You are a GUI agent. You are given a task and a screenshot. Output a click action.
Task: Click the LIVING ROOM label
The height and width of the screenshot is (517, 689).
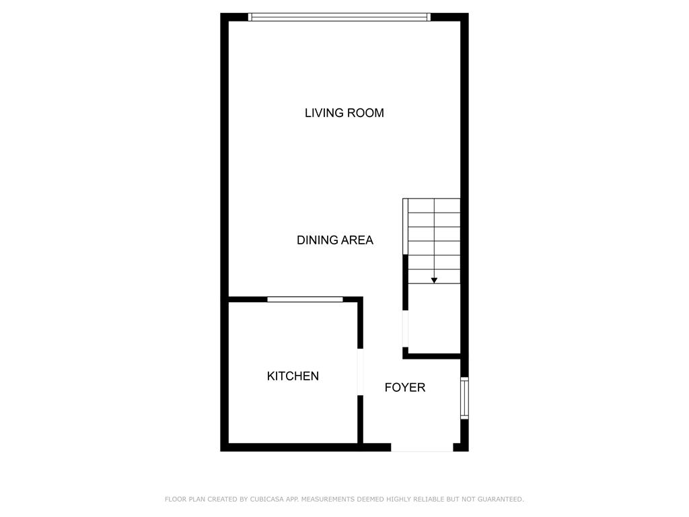pos(344,113)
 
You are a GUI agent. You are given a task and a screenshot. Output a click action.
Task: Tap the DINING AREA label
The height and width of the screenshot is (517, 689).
pos(335,240)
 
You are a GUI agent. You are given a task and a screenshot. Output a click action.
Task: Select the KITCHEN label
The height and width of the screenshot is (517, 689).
pos(293,376)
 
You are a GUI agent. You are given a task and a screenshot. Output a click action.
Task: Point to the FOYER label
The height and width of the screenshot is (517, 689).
pos(404,387)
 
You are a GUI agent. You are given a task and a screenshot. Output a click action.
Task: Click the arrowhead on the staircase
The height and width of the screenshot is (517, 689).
pos(434,280)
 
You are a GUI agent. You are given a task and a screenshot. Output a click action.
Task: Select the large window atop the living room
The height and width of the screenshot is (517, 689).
pos(339,17)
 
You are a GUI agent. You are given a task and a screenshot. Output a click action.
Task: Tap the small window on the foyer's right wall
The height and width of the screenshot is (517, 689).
pos(464,398)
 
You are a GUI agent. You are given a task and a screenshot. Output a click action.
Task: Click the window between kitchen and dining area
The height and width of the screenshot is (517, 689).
pos(305,300)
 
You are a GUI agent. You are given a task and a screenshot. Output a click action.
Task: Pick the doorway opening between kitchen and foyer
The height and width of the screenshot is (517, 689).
pos(361,372)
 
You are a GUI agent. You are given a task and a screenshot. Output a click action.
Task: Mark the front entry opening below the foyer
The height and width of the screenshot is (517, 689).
pos(422,448)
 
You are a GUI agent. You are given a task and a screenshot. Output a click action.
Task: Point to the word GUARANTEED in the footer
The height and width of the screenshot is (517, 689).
pos(501,499)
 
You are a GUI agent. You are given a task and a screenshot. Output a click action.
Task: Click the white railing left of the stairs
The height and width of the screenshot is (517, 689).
pos(406,227)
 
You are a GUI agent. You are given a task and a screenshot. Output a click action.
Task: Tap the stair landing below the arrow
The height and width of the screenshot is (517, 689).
pos(434,318)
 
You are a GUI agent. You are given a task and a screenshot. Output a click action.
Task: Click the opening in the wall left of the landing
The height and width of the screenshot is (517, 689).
pos(406,329)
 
